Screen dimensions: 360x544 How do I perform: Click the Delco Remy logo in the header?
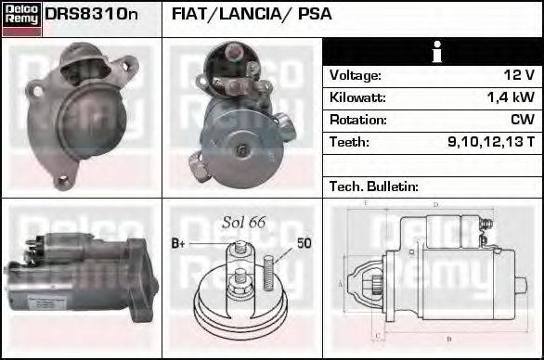pyautogui.click(x=21, y=18)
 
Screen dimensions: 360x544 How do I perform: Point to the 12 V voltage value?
pyautogui.click(x=518, y=75)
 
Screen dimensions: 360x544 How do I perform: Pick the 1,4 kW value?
pyautogui.click(x=512, y=97)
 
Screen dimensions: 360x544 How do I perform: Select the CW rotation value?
pyautogui.click(x=522, y=120)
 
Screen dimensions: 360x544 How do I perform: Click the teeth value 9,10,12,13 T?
pyautogui.click(x=491, y=142)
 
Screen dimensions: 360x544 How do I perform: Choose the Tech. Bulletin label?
pyautogui.click(x=371, y=186)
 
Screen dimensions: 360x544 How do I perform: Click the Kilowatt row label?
pyautogui.click(x=357, y=97)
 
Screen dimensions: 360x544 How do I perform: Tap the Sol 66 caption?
pyautogui.click(x=244, y=222)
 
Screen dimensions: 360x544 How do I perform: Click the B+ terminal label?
pyautogui.click(x=178, y=244)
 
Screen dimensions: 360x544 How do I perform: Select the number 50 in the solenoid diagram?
pyautogui.click(x=304, y=244)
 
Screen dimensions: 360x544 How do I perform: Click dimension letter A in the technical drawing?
pyautogui.click(x=341, y=282)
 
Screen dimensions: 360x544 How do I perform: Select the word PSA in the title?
pyautogui.click(x=314, y=15)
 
